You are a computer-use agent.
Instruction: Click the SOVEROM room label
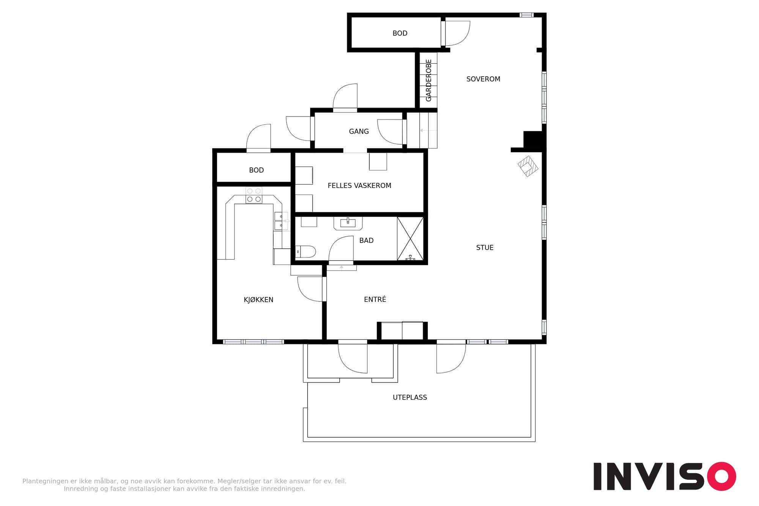[x=483, y=79]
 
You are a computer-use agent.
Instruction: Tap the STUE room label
[x=485, y=247]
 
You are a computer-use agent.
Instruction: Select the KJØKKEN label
[x=258, y=300]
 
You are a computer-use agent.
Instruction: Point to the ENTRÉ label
[x=375, y=299]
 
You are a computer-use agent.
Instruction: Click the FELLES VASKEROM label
[x=359, y=186]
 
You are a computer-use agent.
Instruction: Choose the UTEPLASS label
[x=410, y=397]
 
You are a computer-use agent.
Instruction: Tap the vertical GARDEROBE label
[x=429, y=80]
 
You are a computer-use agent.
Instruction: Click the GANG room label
[x=359, y=131]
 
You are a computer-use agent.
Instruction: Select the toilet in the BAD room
[x=305, y=251]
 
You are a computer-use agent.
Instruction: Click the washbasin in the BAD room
[x=348, y=223]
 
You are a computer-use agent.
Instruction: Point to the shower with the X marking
[x=410, y=239]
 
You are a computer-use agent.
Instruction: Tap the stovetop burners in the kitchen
[x=254, y=195]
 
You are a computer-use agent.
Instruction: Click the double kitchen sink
[x=281, y=221]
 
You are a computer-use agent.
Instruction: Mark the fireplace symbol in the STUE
[x=528, y=166]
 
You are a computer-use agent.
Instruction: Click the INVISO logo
[x=665, y=476]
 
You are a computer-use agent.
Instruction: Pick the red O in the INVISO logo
[x=721, y=476]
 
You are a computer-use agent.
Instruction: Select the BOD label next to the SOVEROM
[x=400, y=33]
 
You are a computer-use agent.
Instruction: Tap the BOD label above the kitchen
[x=256, y=170]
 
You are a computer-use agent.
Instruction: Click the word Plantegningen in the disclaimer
[x=46, y=481]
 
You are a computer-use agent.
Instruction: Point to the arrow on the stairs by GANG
[x=428, y=130]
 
